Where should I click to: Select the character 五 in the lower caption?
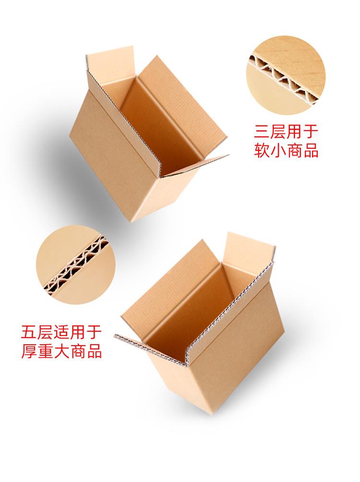30,332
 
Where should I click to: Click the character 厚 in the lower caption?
30,351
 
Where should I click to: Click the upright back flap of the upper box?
111,60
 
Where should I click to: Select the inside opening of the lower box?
202,307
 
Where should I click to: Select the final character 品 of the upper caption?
310,151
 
